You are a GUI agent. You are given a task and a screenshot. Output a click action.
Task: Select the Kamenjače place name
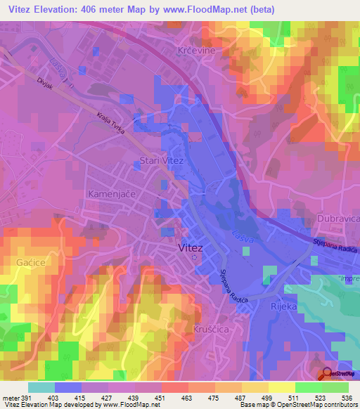[x=110, y=193]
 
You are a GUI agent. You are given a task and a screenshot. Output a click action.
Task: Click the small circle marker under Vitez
[x=195, y=257]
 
